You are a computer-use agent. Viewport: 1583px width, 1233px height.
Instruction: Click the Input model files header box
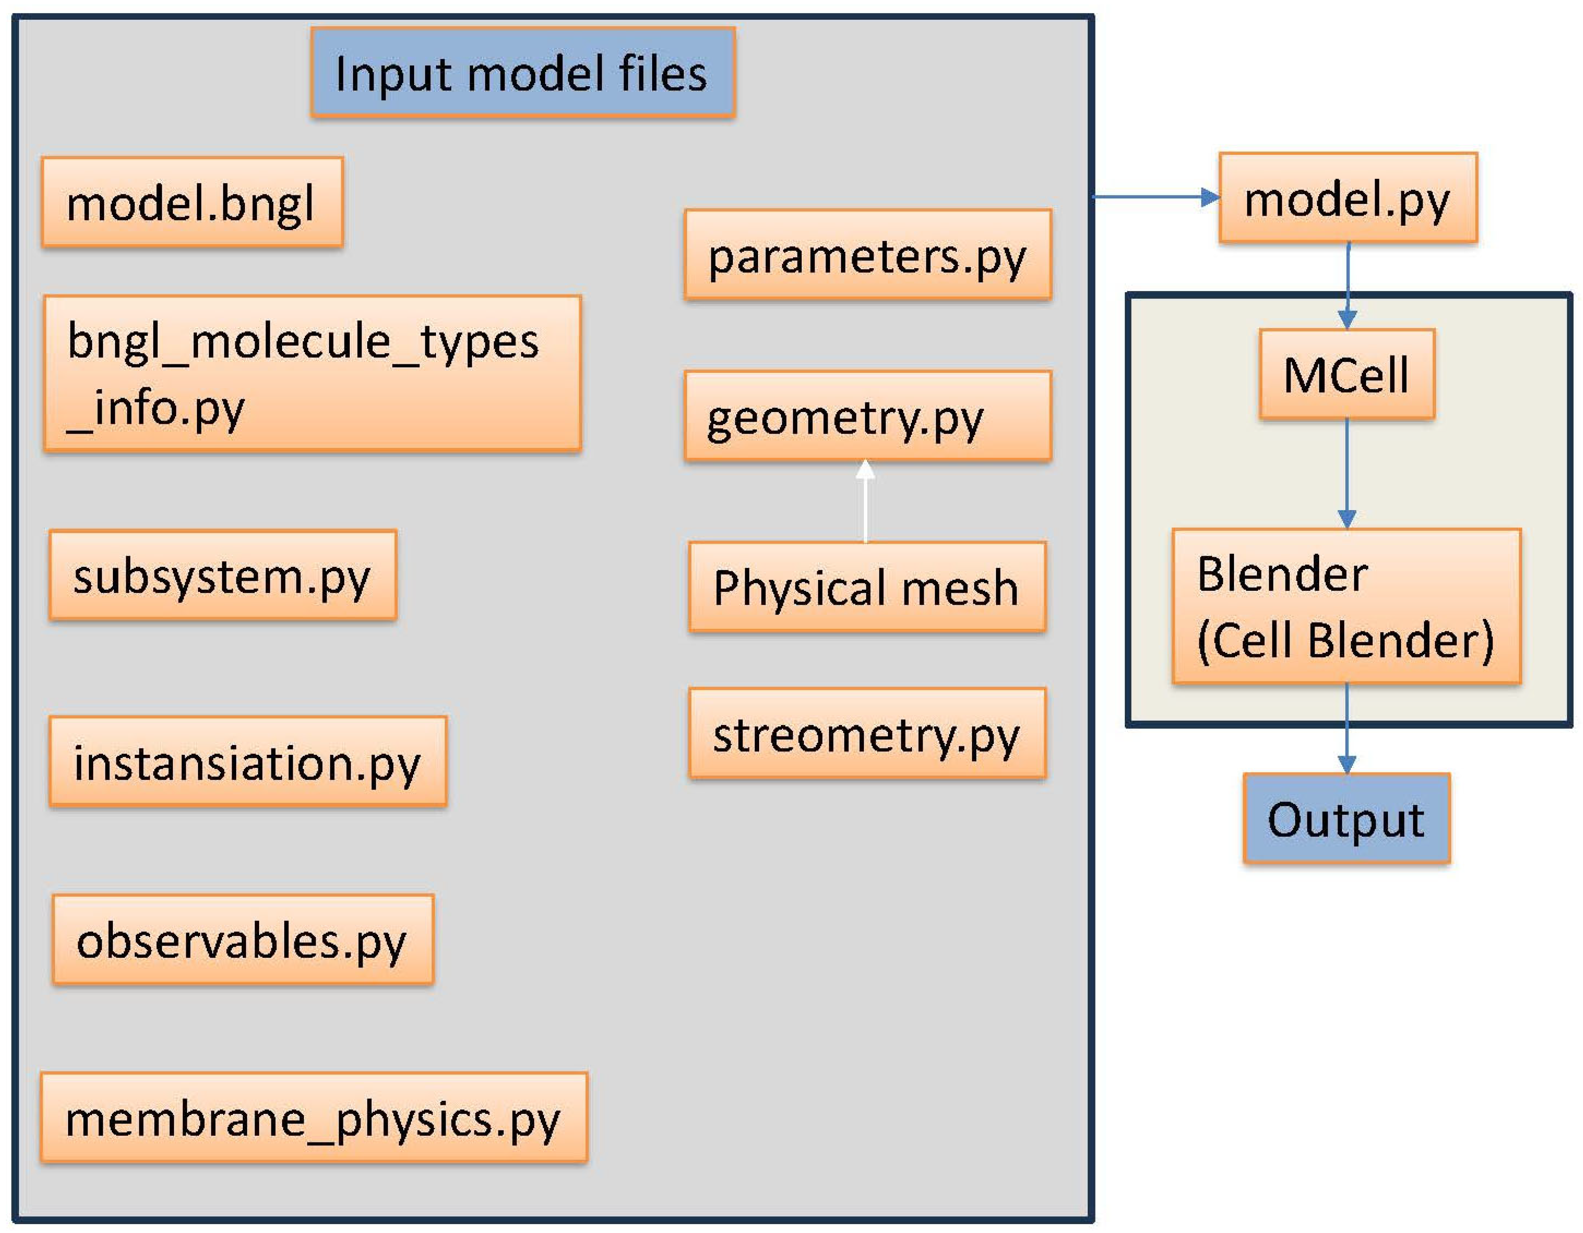coord(523,73)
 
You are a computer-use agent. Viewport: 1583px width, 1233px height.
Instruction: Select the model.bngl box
coord(192,202)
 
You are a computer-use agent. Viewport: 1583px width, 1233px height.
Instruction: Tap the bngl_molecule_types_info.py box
coord(312,373)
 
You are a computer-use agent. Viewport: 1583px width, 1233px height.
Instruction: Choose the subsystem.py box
coord(222,575)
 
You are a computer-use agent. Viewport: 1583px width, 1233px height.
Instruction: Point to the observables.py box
coord(243,940)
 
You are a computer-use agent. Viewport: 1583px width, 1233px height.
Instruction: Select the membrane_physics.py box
coord(314,1118)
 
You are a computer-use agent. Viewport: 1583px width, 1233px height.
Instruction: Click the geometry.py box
coord(868,416)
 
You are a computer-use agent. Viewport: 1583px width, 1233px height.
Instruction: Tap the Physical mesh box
coord(867,587)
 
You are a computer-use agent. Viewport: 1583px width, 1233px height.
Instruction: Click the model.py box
coord(1348,198)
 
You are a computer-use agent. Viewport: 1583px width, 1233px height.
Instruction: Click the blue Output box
coord(1346,819)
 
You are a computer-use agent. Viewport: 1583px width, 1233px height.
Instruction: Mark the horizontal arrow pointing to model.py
coord(1156,196)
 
